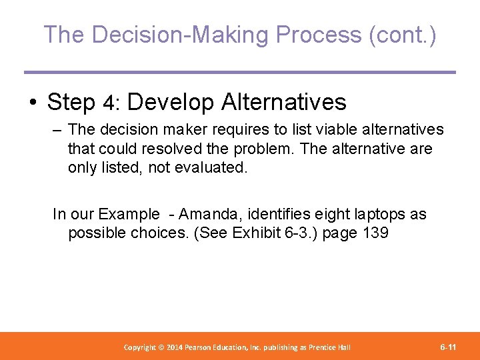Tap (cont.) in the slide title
(x=402, y=35)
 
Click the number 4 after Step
(x=111, y=103)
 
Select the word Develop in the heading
(x=171, y=103)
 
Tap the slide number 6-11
(x=448, y=347)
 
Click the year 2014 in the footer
(x=175, y=347)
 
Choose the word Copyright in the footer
(x=141, y=347)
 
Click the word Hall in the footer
(x=343, y=347)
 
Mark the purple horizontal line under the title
(x=240, y=72)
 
